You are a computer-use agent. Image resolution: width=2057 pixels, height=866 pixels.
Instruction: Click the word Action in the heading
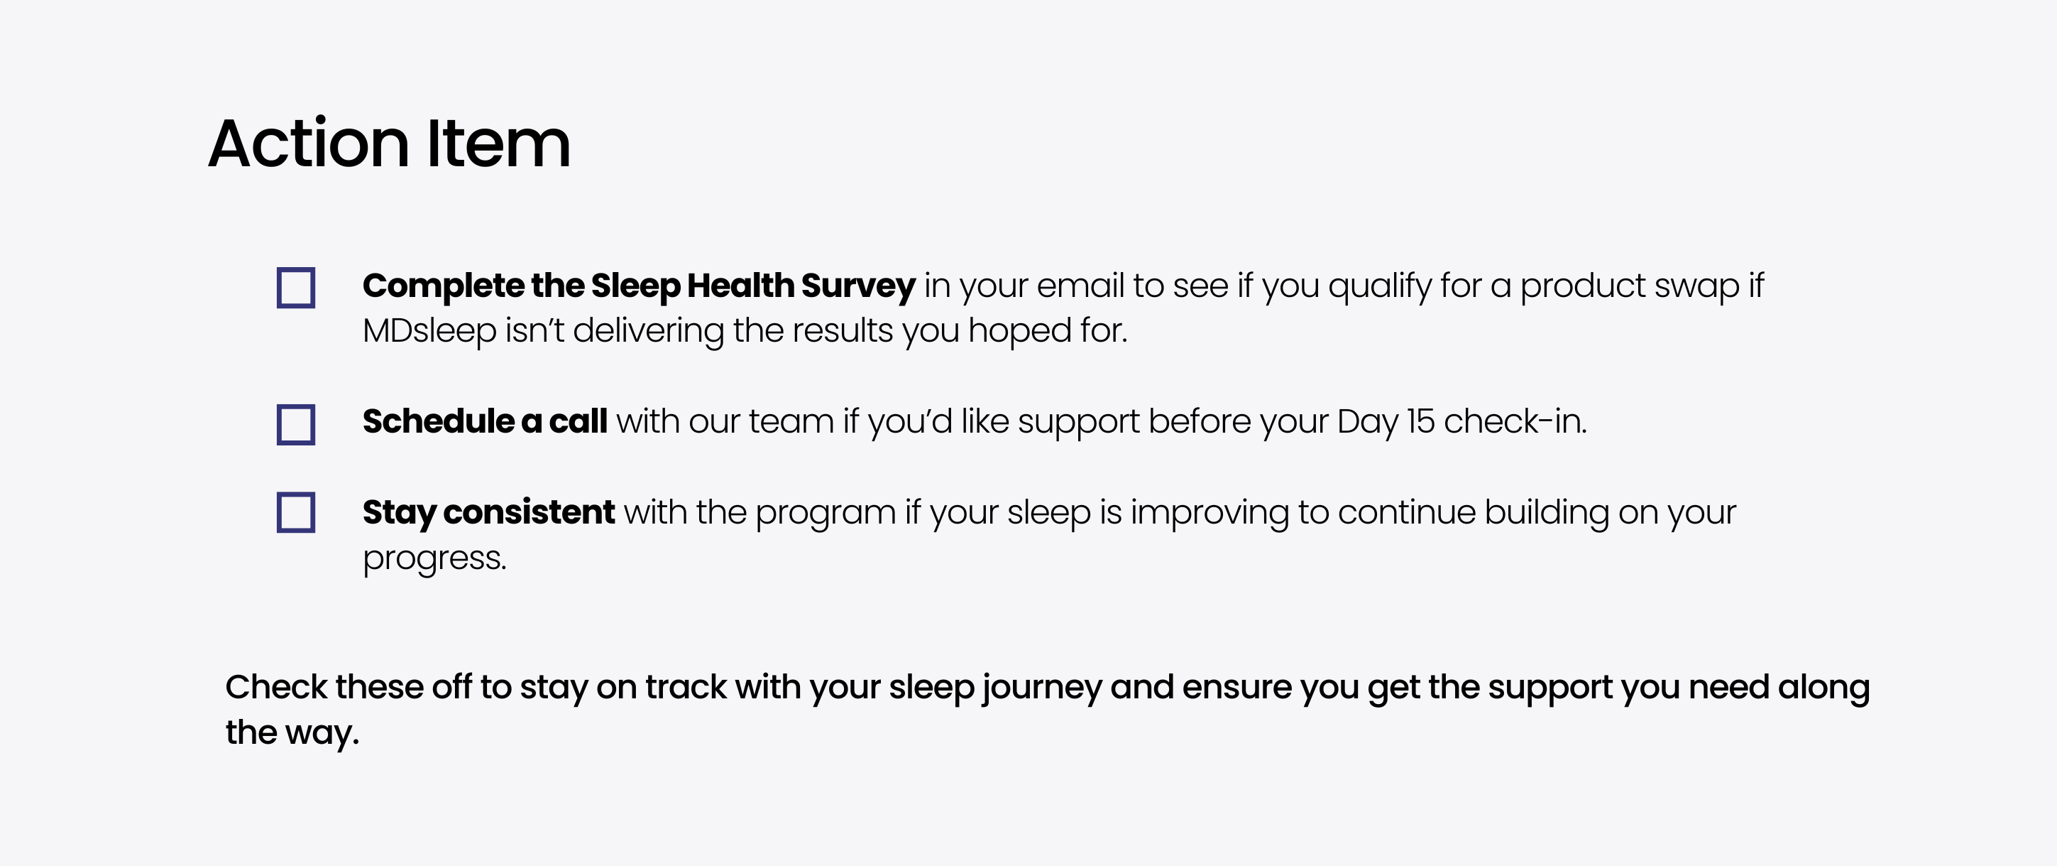click(x=309, y=143)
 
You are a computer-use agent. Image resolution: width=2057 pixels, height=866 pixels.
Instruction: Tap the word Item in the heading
click(x=499, y=143)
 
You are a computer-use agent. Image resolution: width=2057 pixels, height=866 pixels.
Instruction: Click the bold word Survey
click(x=857, y=287)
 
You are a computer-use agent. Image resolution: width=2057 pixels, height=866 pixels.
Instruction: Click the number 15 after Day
click(x=1420, y=422)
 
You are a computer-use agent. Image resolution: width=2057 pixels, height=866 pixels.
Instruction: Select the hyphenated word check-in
click(x=1515, y=421)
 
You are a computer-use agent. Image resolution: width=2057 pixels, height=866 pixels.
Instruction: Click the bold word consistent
click(x=529, y=513)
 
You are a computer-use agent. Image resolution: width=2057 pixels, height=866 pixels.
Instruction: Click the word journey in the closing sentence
click(x=1042, y=688)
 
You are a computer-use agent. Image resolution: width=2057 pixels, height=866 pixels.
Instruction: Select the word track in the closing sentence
click(x=686, y=687)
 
